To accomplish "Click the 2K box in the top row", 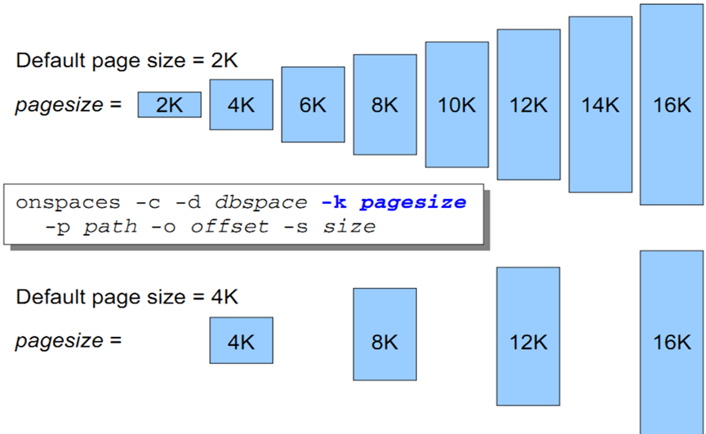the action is (169, 104).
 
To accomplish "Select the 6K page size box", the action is (313, 104).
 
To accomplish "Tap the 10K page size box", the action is (456, 104).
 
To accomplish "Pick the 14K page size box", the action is (600, 104).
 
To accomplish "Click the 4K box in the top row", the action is (241, 104).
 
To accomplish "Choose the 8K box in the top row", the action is (384, 104).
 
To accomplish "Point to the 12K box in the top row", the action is (529, 104).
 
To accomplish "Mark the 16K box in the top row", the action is (672, 104).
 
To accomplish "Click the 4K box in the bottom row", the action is (241, 340).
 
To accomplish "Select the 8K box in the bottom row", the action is (384, 334).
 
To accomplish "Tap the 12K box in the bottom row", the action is (528, 336).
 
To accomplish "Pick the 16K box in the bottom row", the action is (672, 342).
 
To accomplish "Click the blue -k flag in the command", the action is (334, 202).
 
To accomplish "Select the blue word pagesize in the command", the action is (413, 203).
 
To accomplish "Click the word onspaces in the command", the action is (68, 203).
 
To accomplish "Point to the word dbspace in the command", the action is (261, 203).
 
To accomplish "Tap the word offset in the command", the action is (229, 226).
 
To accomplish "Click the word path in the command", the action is (110, 227).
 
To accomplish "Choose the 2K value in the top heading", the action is (224, 60).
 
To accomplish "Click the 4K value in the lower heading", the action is (224, 297).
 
